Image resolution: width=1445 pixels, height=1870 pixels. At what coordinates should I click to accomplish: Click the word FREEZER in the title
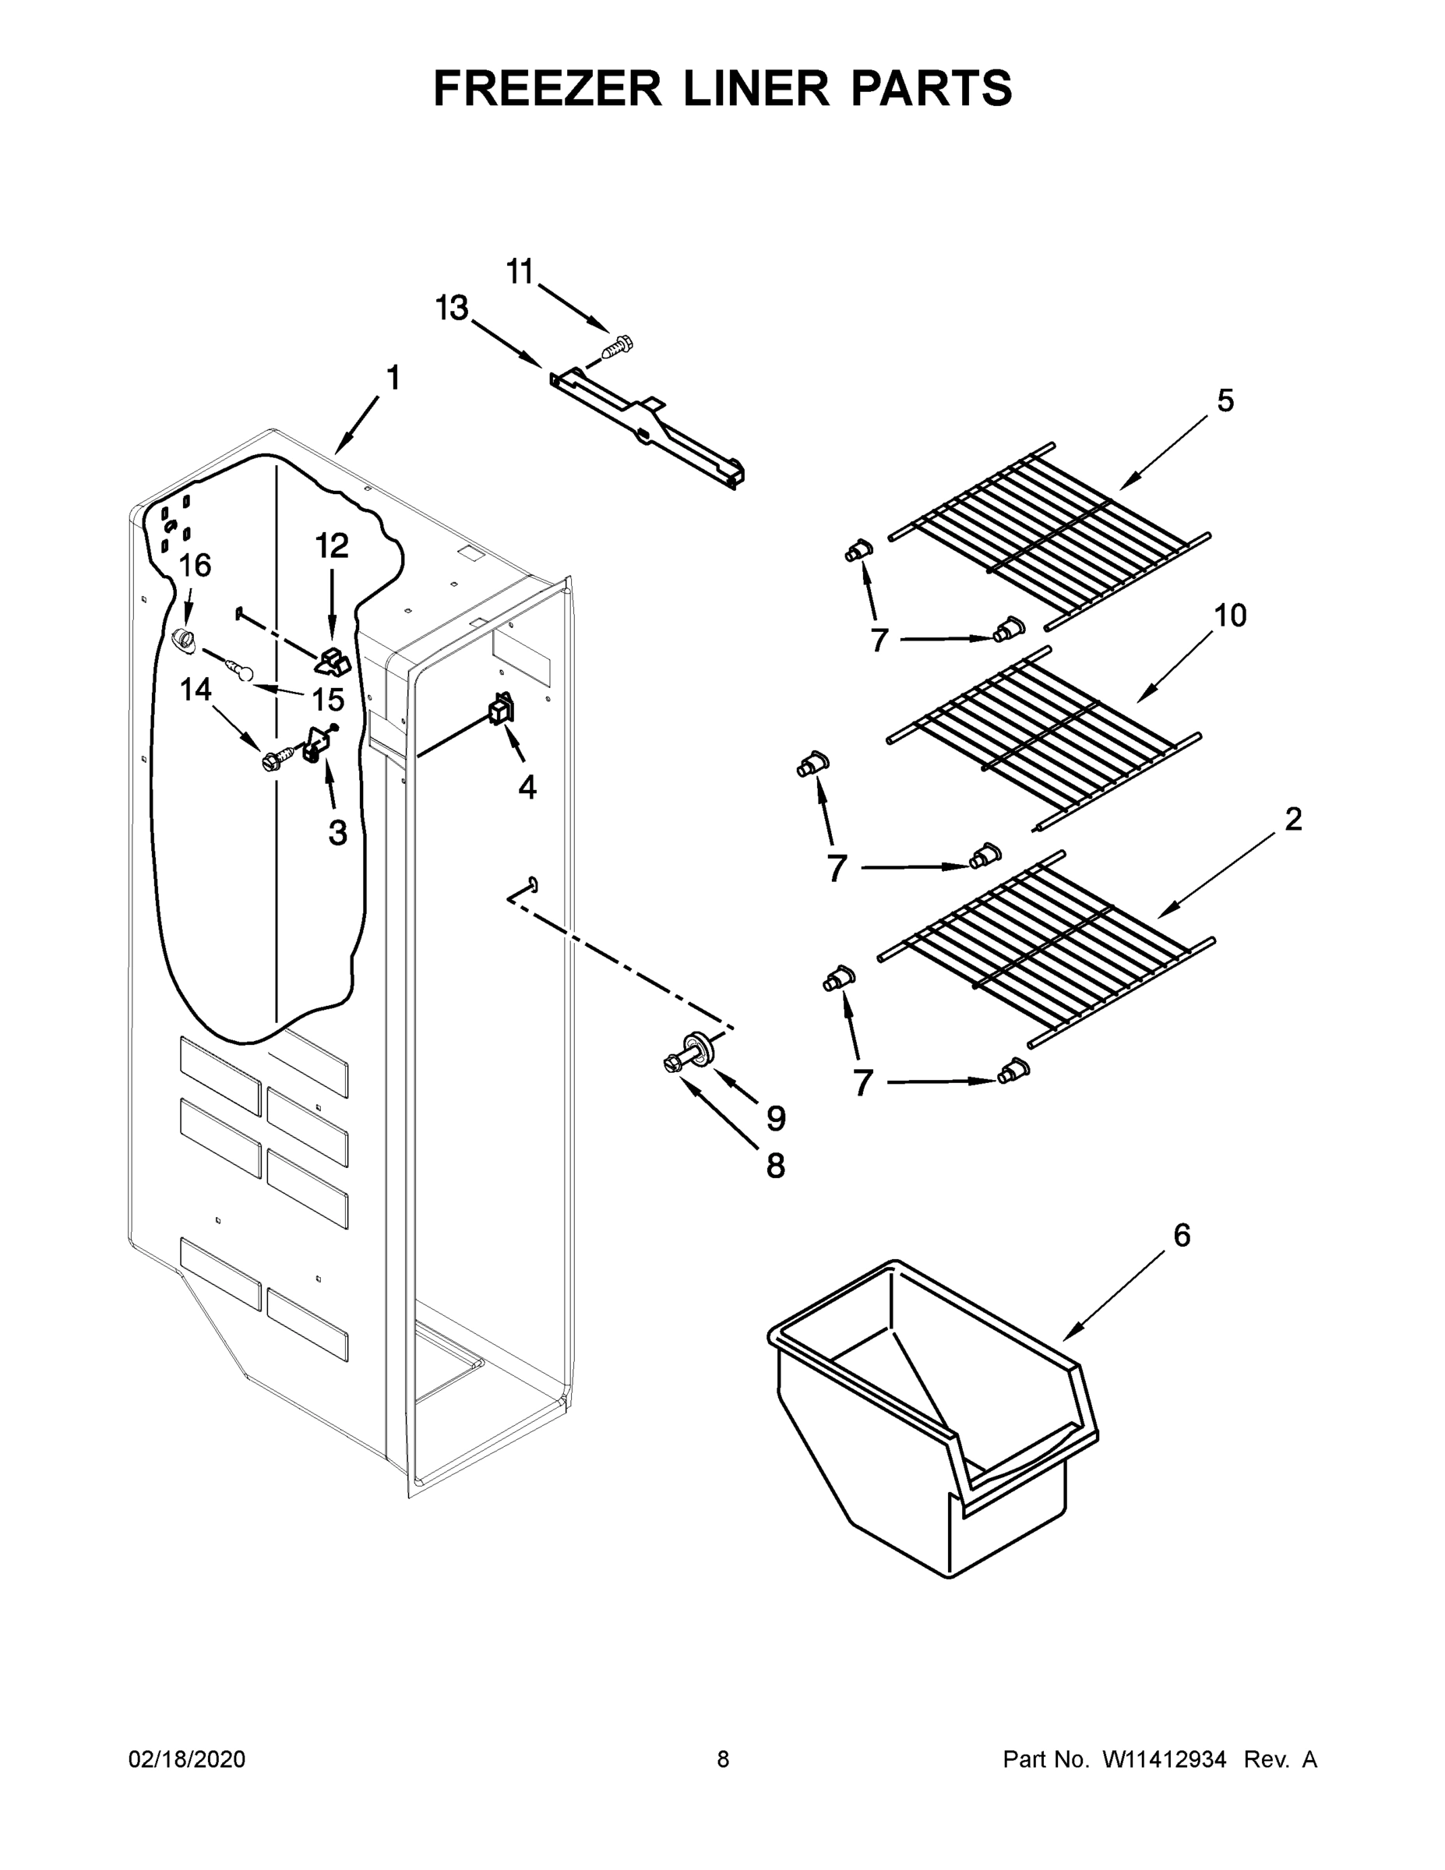pos(547,88)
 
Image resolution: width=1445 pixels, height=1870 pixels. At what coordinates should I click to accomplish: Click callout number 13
pos(452,308)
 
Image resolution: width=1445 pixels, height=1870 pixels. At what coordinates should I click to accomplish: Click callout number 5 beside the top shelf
pos(1225,400)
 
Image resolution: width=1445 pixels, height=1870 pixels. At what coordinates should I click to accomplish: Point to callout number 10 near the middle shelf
pos(1230,615)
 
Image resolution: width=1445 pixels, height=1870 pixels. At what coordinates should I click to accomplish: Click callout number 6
pos(1182,1235)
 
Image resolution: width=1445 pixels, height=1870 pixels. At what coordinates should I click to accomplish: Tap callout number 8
pos(775,1166)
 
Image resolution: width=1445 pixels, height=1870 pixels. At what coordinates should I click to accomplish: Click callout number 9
pos(776,1117)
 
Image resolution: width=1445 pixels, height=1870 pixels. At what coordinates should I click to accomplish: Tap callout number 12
pos(332,545)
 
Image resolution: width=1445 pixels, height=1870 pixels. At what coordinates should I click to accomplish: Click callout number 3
pos(338,831)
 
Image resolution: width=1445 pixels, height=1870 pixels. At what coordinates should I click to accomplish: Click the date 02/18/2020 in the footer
pos(187,1759)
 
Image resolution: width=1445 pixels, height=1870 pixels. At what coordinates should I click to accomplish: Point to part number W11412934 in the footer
pos(1165,1759)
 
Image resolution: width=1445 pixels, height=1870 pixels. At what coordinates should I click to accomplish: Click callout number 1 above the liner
pos(393,377)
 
